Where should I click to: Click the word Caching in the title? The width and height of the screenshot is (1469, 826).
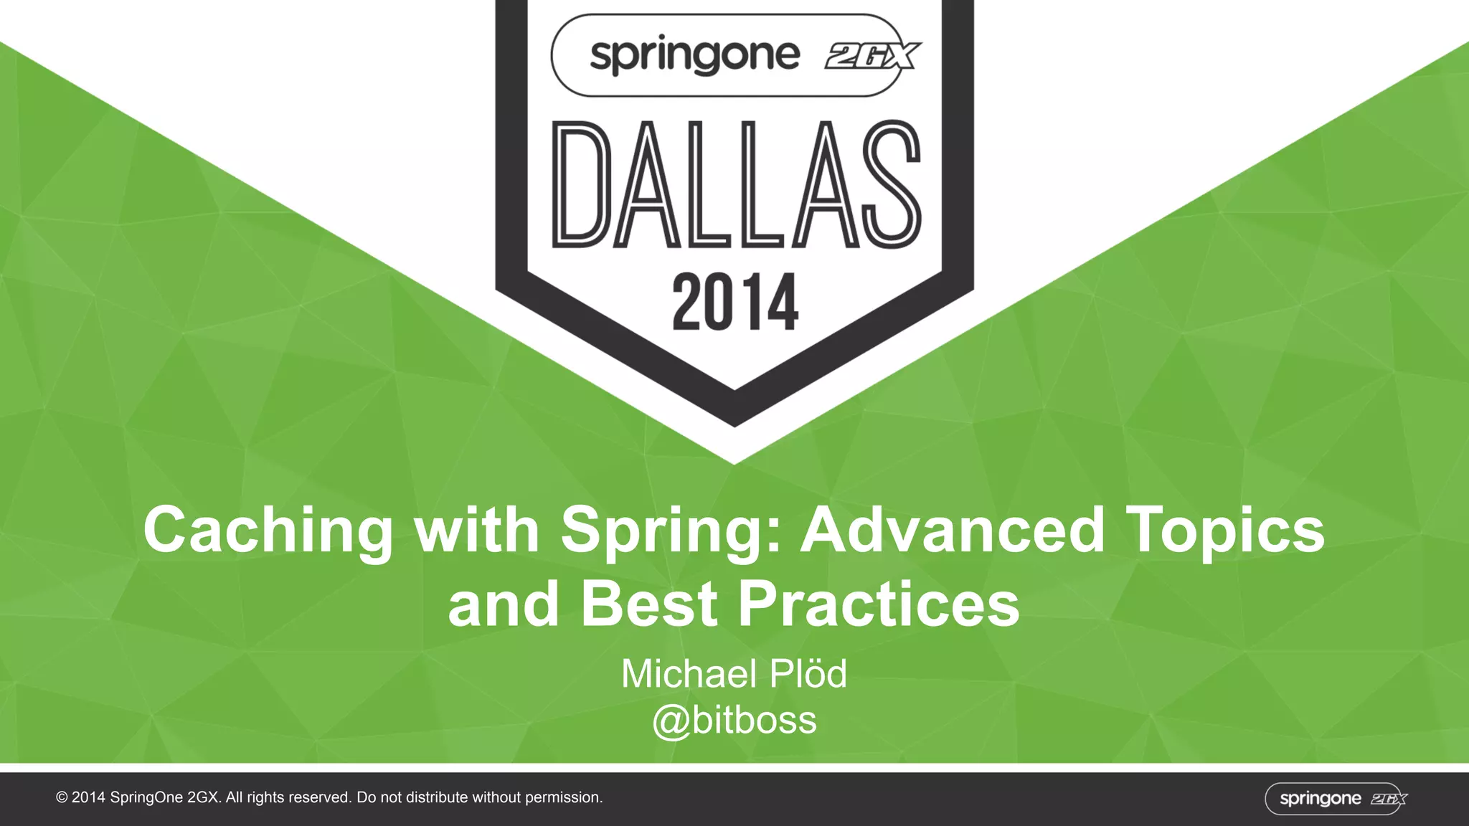[268, 531]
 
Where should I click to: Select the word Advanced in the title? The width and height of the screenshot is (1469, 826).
[952, 530]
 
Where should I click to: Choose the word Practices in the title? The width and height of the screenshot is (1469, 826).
[879, 604]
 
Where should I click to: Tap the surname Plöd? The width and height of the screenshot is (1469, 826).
[808, 674]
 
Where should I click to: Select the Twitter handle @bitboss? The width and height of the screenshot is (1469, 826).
[734, 720]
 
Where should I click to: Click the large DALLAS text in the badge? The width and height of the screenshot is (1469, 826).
[735, 185]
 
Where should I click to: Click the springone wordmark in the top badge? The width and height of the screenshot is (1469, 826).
[694, 56]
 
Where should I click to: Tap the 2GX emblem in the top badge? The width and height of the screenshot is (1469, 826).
[873, 56]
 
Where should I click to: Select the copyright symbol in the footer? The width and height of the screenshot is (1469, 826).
[62, 797]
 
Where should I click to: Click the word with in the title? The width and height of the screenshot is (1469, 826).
[477, 530]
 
